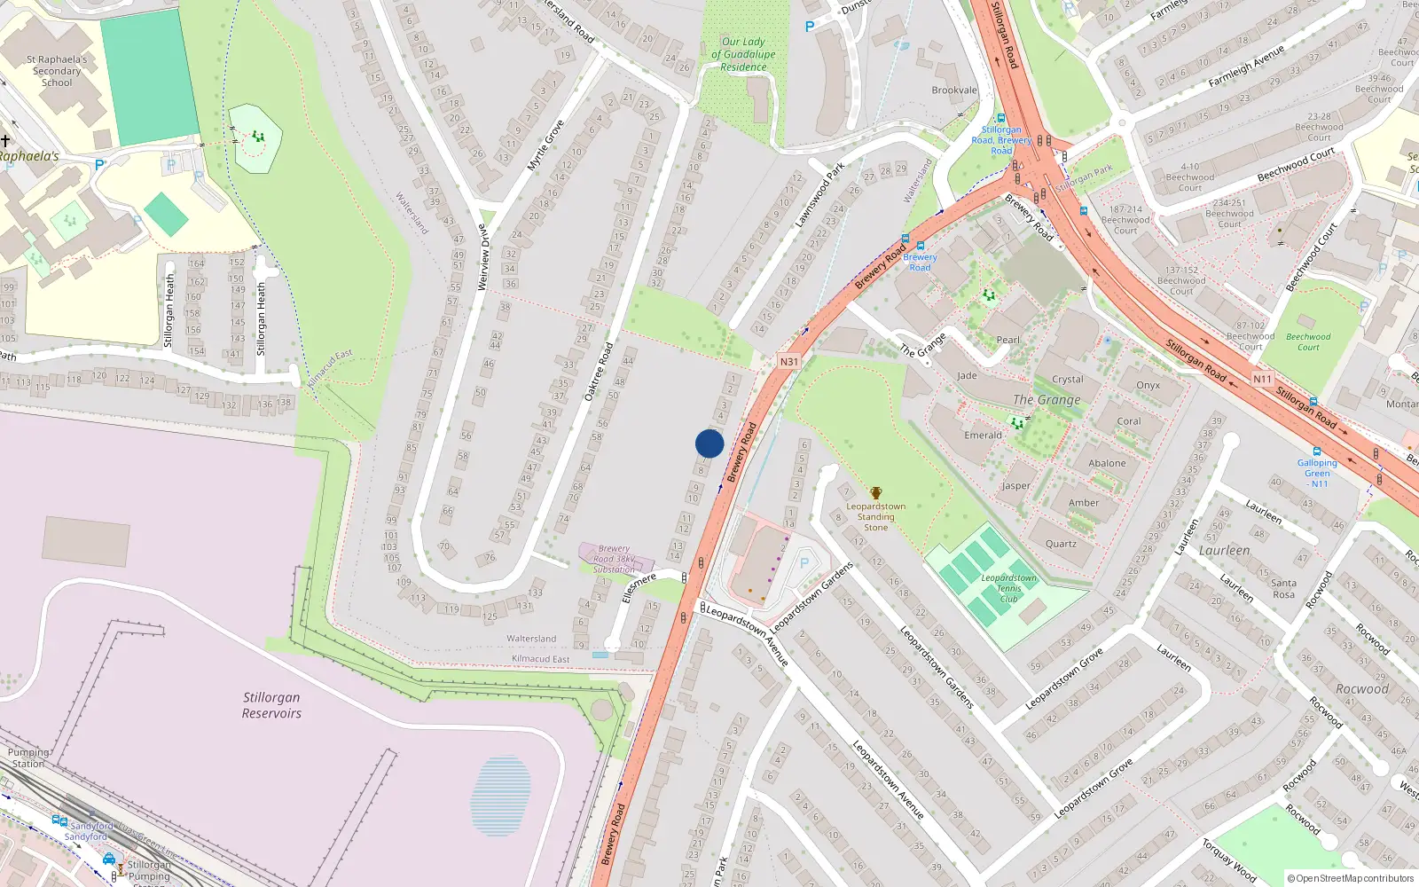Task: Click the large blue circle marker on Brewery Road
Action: tap(709, 443)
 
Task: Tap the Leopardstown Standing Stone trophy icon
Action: tap(876, 494)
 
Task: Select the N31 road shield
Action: tap(789, 362)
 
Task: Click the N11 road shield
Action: tap(1262, 379)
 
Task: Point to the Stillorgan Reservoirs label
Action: tap(271, 705)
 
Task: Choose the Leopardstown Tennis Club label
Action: tap(1009, 588)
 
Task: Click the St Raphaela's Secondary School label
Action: tap(57, 71)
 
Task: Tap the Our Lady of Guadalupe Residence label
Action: tap(743, 54)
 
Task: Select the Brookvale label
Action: tap(954, 90)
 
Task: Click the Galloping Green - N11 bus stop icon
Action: tap(1317, 451)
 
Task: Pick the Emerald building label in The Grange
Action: tap(983, 436)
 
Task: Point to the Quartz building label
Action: tap(1061, 544)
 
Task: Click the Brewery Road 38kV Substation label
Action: tap(614, 559)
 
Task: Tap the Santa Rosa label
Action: tap(1283, 588)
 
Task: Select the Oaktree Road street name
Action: tap(599, 372)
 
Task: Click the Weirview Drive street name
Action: tap(483, 257)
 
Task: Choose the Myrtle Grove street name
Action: tap(545, 146)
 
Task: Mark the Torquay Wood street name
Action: tap(1229, 860)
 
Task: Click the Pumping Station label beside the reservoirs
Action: tap(28, 757)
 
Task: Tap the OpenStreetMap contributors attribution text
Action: tap(1350, 878)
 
